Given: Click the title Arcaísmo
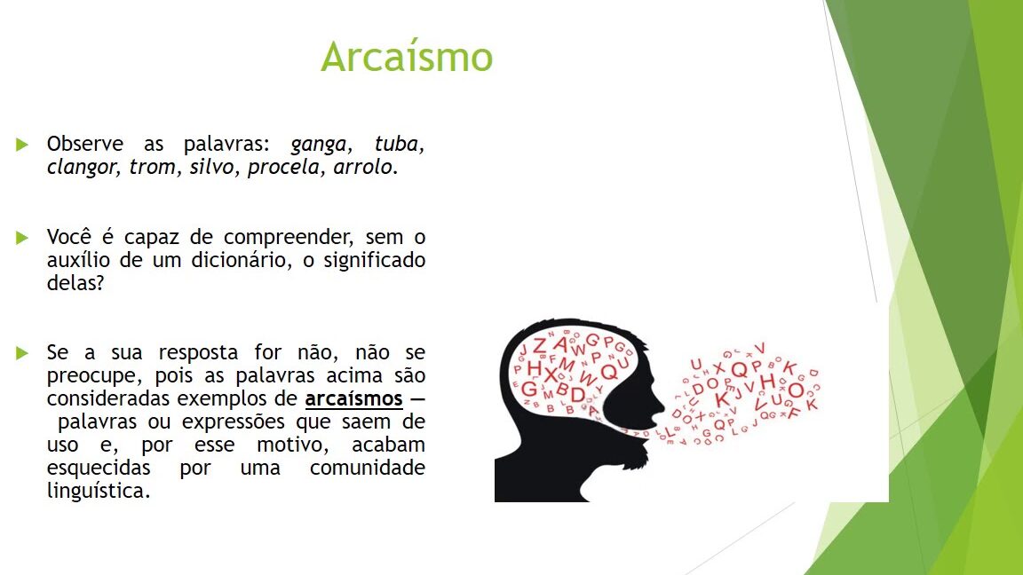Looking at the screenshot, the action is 407,56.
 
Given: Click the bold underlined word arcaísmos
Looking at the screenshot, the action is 353,398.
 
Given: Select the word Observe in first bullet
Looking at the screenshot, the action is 85,144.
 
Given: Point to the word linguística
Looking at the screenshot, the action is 99,491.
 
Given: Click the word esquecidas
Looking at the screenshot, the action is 99,468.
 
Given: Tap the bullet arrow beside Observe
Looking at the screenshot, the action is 22,144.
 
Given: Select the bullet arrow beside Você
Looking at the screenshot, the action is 22,237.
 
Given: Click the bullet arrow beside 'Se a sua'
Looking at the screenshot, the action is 22,352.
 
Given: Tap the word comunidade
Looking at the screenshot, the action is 368,468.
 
